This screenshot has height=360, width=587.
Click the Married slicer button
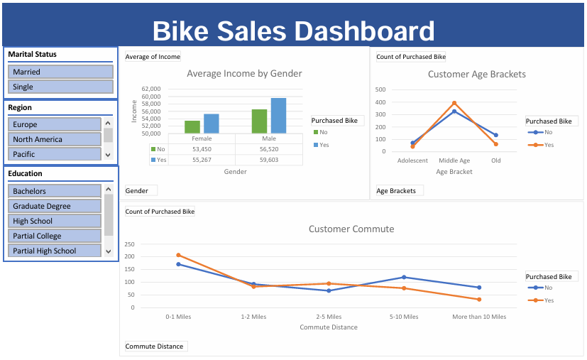click(x=60, y=72)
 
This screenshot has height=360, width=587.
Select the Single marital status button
click(x=60, y=87)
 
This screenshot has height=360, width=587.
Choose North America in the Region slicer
click(x=55, y=139)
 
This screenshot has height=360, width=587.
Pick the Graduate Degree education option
click(x=55, y=206)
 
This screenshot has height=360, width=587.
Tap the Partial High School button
click(x=55, y=251)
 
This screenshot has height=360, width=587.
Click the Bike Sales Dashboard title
click(x=293, y=31)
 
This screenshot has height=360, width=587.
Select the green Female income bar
click(x=192, y=127)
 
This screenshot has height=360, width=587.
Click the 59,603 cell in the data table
click(x=269, y=160)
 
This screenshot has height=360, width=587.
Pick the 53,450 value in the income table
click(x=202, y=150)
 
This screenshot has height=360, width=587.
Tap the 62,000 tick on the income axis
click(x=151, y=90)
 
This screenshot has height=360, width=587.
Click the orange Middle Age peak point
click(x=454, y=103)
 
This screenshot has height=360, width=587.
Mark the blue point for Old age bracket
click(x=495, y=135)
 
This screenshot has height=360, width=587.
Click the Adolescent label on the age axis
click(x=412, y=160)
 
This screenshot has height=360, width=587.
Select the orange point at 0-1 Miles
click(x=178, y=255)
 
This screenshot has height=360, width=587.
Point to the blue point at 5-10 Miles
click(x=404, y=277)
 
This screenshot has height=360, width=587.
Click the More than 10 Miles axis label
click(x=479, y=317)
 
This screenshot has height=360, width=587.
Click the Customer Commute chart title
click(x=351, y=229)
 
